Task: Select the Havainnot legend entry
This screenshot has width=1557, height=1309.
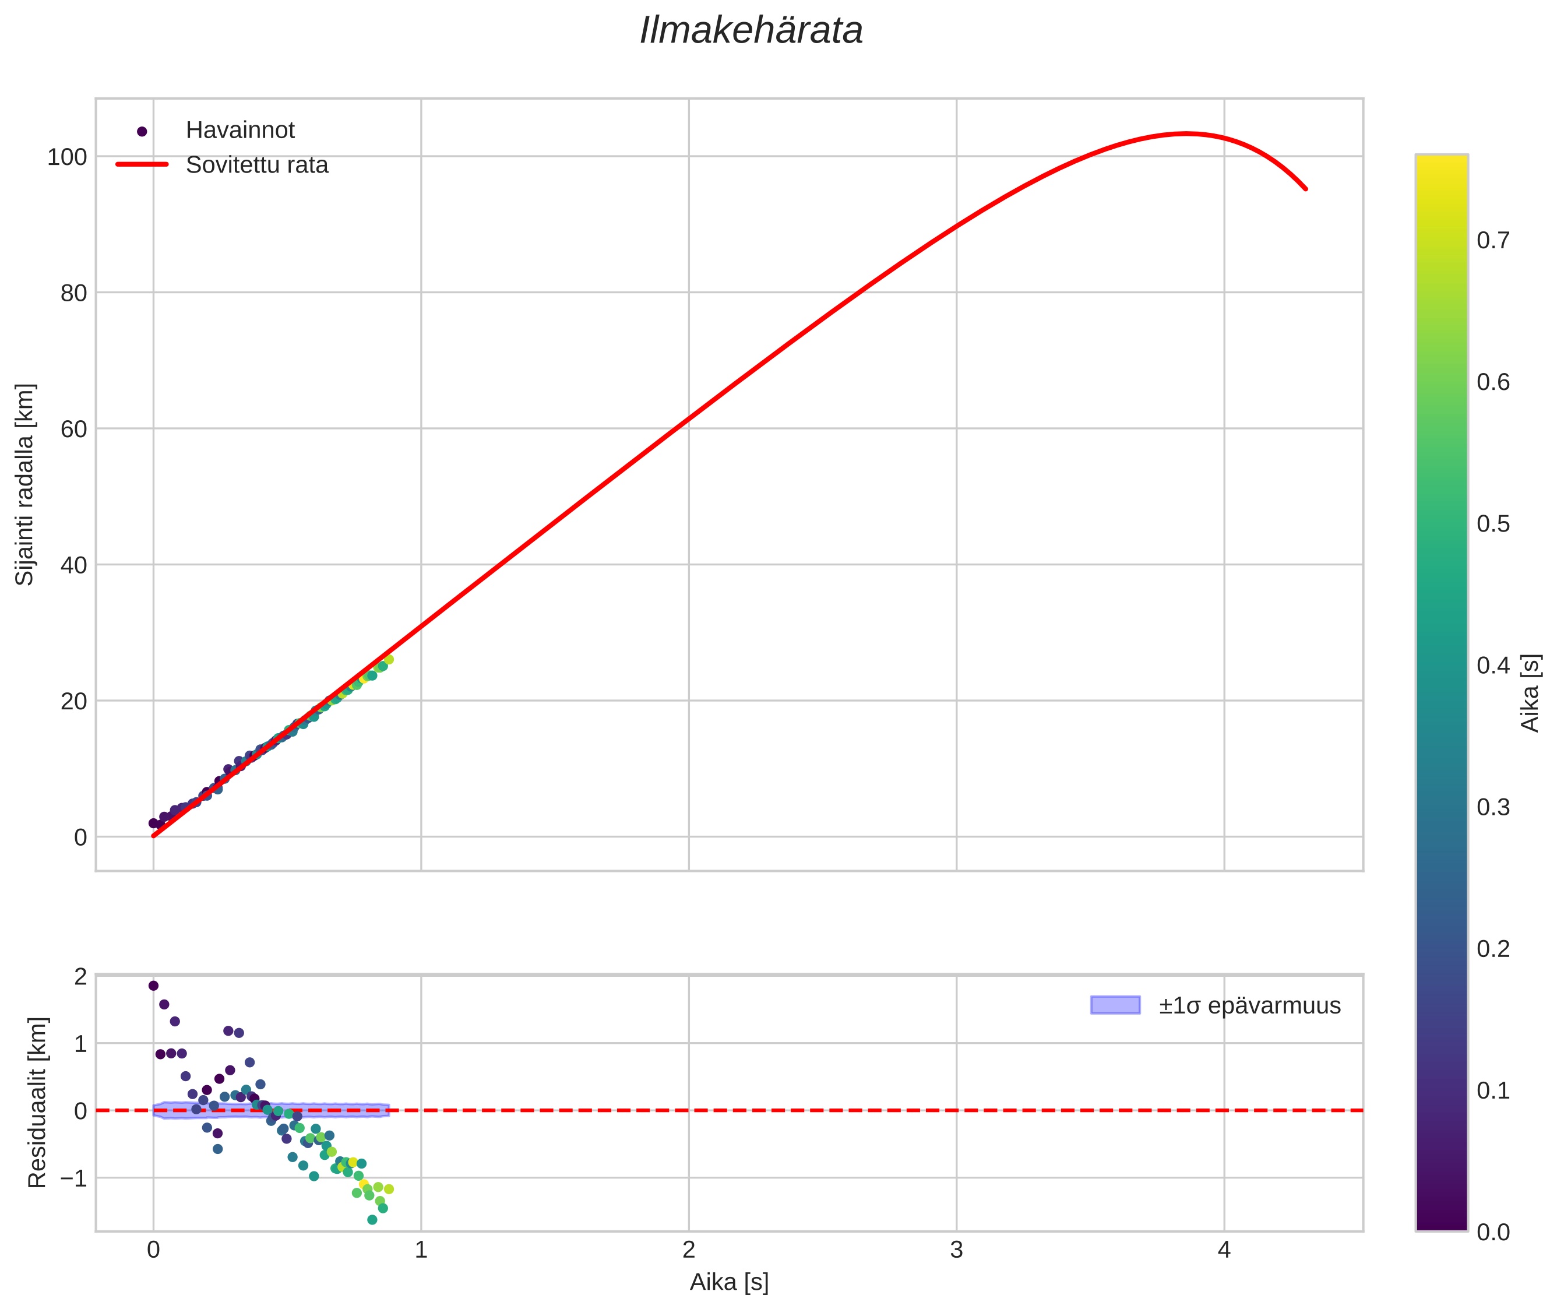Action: [x=239, y=131]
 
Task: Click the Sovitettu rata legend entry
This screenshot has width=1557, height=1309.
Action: [x=256, y=165]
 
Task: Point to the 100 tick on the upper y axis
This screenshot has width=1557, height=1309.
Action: [x=67, y=157]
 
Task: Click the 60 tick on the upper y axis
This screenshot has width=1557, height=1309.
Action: [x=73, y=429]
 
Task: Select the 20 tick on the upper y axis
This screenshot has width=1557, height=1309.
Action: [x=73, y=701]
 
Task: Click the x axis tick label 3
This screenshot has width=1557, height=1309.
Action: [x=956, y=1250]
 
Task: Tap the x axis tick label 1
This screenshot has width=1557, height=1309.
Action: [x=421, y=1250]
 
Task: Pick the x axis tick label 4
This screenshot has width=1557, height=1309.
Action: [x=1224, y=1250]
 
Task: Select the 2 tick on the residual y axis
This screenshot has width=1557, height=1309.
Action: [x=80, y=977]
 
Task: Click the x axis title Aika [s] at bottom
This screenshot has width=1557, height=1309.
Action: [x=729, y=1282]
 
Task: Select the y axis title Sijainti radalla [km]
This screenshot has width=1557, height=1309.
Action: [x=25, y=484]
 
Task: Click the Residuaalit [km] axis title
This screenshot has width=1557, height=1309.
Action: [x=37, y=1103]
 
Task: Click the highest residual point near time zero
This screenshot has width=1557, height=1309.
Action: [x=154, y=986]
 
